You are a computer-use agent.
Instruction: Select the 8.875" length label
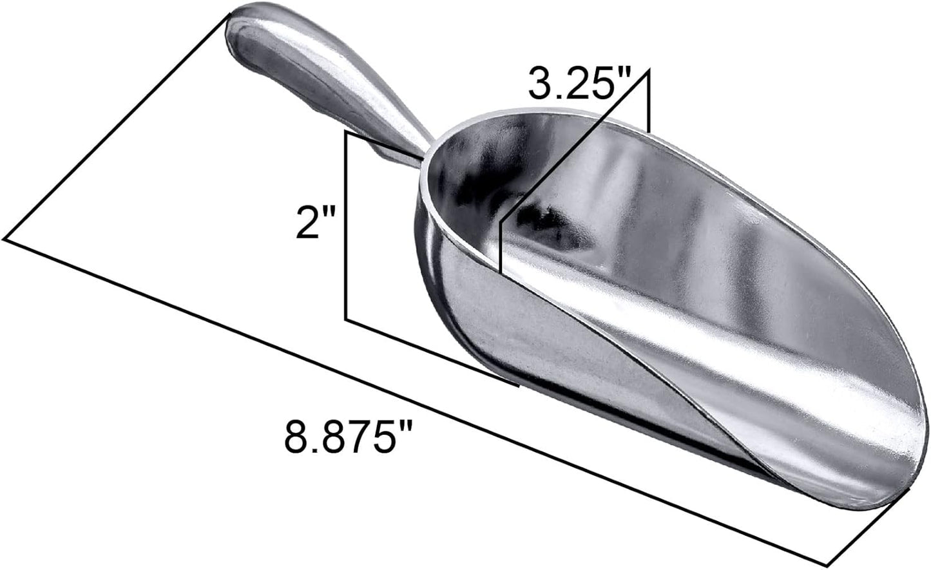point(348,436)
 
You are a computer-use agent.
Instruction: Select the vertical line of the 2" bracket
point(347,225)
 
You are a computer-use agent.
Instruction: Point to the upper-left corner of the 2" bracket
point(347,133)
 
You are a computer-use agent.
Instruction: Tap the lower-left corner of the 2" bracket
point(347,319)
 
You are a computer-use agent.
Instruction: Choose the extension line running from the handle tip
point(116,129)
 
